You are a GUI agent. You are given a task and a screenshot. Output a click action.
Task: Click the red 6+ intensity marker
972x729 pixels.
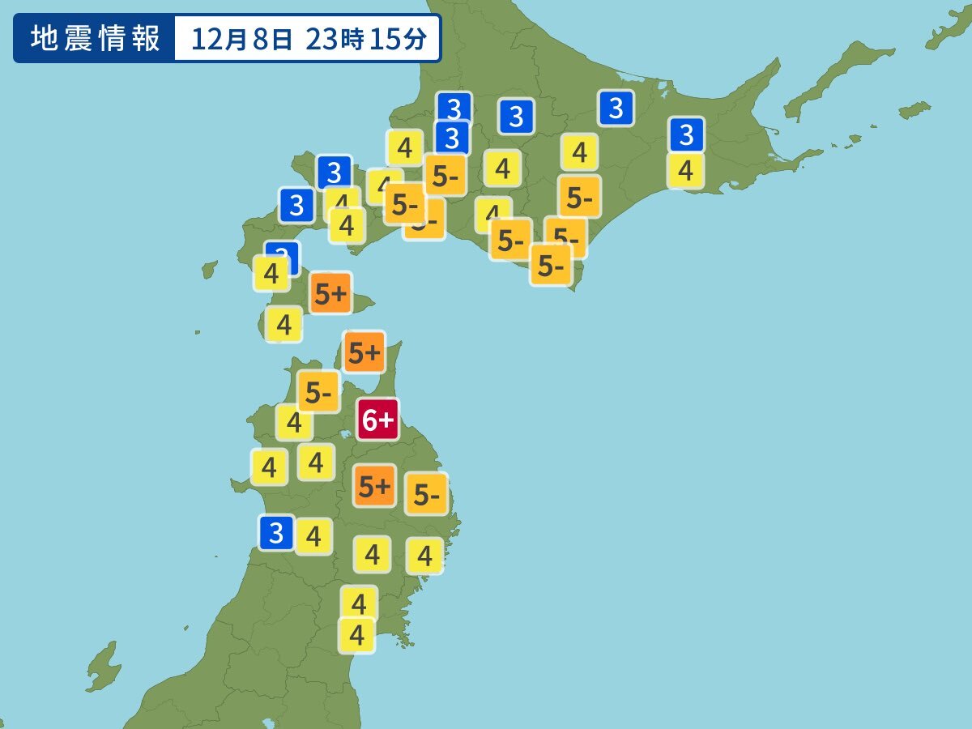click(378, 420)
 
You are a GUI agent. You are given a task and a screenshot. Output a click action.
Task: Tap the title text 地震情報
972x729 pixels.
click(96, 39)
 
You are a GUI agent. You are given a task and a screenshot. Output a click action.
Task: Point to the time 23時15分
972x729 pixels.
click(366, 39)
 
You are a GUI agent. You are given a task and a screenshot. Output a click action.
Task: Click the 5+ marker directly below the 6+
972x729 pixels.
click(374, 486)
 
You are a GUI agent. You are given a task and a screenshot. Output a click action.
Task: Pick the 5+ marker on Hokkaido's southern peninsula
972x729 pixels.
click(330, 294)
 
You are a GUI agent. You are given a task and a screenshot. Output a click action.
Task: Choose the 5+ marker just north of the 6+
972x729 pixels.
click(364, 352)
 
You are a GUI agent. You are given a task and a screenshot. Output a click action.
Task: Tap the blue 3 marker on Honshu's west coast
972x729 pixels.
click(276, 532)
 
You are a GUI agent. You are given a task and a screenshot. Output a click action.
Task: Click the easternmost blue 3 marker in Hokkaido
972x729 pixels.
click(687, 134)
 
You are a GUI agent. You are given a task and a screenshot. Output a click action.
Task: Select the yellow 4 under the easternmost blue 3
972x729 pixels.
click(685, 171)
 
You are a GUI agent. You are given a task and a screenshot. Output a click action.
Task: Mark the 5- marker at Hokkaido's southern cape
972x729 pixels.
click(551, 266)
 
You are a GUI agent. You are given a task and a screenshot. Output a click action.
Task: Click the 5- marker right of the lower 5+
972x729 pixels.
click(426, 495)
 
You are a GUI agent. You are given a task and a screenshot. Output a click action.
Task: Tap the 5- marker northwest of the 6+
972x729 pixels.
click(318, 393)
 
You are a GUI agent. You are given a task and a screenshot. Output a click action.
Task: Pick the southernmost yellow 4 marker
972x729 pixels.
click(356, 634)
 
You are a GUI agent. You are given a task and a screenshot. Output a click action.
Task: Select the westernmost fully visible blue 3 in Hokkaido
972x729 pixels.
click(296, 205)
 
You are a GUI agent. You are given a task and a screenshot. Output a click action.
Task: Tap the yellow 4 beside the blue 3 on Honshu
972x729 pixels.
click(313, 535)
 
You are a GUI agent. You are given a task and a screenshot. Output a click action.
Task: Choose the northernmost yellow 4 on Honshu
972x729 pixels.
click(294, 422)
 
